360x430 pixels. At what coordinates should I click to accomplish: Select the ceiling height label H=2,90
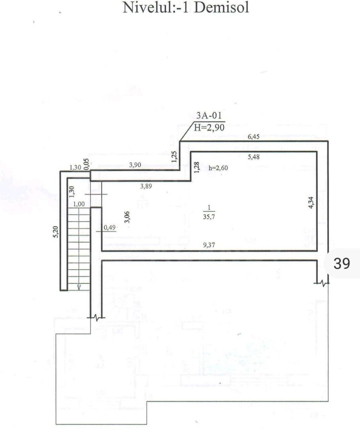coord(209,127)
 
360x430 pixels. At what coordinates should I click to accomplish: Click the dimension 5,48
coord(254,157)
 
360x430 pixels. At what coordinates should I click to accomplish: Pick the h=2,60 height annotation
coord(218,168)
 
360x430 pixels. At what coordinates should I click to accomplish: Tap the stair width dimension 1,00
coord(79,204)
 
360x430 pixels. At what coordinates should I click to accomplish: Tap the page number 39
coord(342,263)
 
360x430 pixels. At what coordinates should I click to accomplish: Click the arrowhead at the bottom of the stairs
coord(79,287)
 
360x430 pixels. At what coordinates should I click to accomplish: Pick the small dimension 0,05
coord(88,163)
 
